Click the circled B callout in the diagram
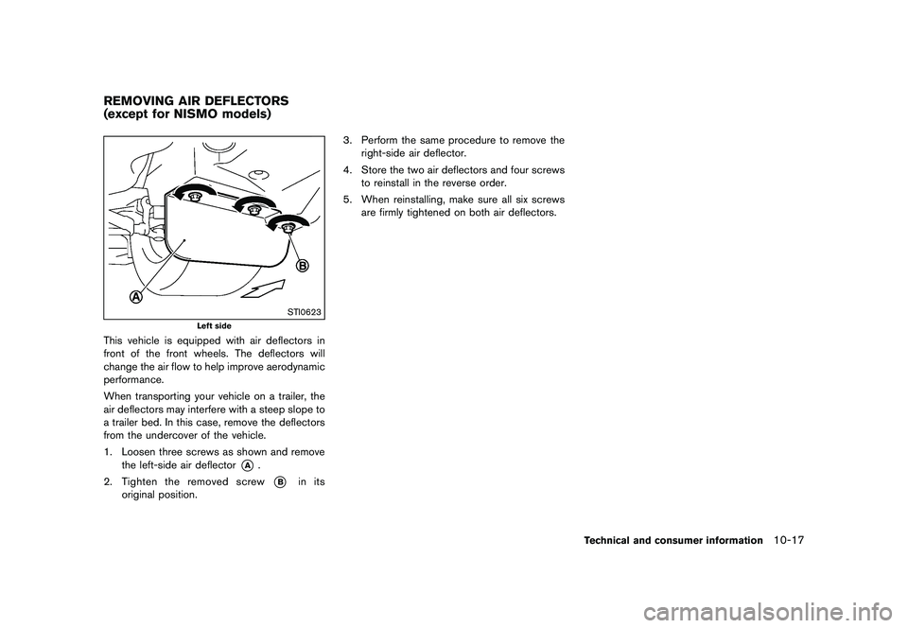coord(303,266)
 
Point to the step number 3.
coord(346,140)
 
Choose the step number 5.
coord(346,199)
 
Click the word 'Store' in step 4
coord(375,169)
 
